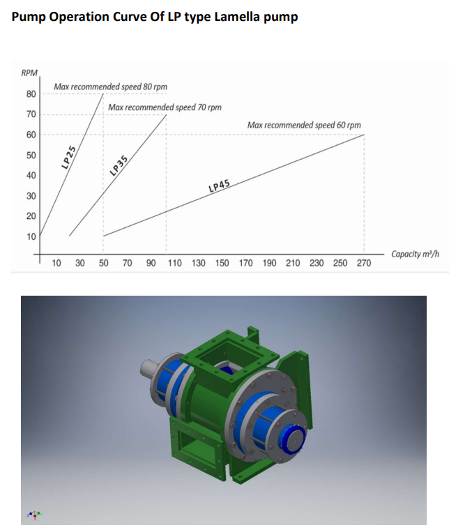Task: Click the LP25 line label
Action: tap(68, 157)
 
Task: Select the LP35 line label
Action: tap(119, 166)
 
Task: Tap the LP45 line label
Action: tap(219, 186)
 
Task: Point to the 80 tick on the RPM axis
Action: tap(31, 94)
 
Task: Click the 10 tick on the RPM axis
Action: tap(31, 236)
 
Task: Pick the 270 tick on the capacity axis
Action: tap(364, 263)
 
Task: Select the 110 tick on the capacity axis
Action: tap(175, 263)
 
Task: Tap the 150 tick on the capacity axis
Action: tap(222, 263)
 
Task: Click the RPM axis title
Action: tap(29, 73)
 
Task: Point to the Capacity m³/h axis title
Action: tap(416, 254)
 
